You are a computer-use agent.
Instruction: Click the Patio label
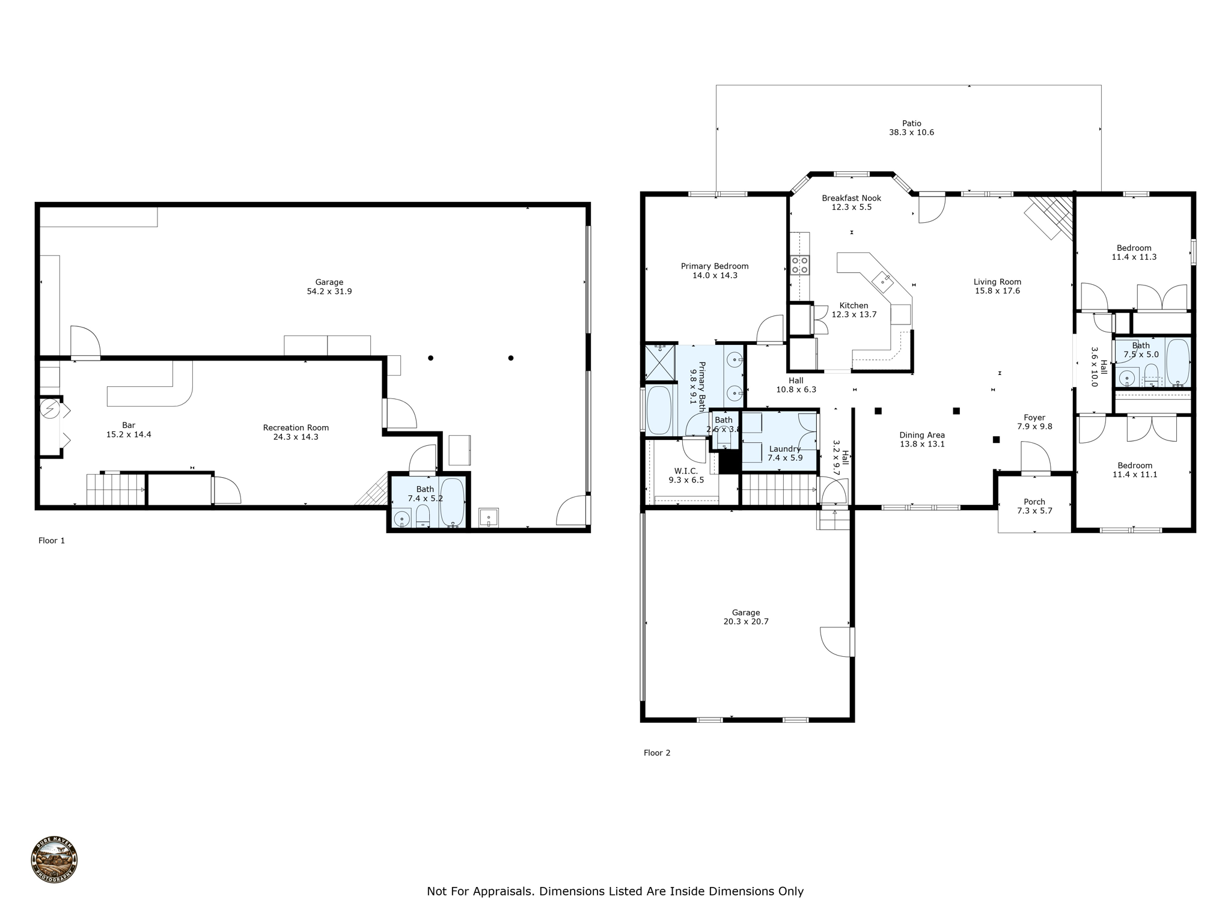[x=911, y=123]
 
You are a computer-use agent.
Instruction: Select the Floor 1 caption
[x=52, y=540]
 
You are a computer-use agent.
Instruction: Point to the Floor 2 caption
[x=656, y=752]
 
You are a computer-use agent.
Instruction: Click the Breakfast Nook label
[x=851, y=198]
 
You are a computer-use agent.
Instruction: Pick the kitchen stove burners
[x=799, y=265]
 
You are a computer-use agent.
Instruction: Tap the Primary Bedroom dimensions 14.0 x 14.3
[x=715, y=275]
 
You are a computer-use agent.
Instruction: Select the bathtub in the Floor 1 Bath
[x=451, y=501]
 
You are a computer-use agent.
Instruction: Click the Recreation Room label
[x=296, y=427]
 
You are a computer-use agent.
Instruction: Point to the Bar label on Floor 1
[x=129, y=425]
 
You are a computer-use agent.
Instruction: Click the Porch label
[x=1034, y=501]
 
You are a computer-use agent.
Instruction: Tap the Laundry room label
[x=784, y=448]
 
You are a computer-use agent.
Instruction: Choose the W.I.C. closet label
[x=686, y=471]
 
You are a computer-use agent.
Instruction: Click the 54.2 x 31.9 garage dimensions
[x=329, y=291]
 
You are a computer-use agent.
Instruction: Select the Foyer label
[x=1034, y=417]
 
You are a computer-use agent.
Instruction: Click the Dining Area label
[x=921, y=434]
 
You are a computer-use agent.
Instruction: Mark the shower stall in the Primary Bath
[x=659, y=362]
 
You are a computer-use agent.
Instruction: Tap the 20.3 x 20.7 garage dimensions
[x=745, y=621]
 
